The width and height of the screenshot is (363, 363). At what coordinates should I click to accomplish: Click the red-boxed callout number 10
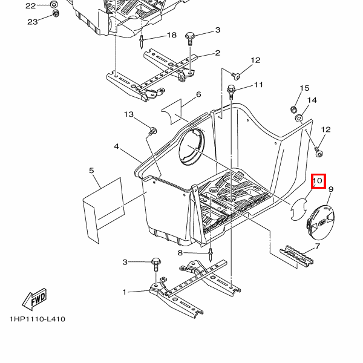(318, 180)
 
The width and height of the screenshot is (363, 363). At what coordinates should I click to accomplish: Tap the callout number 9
(331, 189)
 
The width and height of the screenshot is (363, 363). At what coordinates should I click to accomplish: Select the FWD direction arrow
(34, 299)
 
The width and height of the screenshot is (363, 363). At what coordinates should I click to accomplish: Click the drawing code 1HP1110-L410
(38, 319)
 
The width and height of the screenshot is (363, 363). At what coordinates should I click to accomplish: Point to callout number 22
(31, 6)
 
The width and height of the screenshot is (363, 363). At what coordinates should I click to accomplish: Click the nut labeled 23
(56, 13)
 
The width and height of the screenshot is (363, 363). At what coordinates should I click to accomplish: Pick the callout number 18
(172, 35)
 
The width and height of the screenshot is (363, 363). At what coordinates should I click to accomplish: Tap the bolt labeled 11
(231, 92)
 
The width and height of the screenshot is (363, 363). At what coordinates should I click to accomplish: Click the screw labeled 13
(153, 131)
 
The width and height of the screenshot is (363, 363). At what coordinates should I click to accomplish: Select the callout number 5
(91, 171)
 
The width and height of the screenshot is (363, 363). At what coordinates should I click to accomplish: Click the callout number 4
(116, 146)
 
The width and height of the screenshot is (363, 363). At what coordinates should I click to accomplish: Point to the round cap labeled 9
(321, 222)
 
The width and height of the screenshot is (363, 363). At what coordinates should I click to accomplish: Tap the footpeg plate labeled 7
(296, 256)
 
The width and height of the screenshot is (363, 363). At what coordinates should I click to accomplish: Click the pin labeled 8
(211, 255)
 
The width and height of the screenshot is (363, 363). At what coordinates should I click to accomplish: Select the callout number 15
(305, 88)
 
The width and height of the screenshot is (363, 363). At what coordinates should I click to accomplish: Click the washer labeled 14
(299, 119)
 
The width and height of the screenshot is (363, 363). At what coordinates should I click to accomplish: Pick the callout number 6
(198, 94)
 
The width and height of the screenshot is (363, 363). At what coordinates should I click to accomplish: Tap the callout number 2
(218, 53)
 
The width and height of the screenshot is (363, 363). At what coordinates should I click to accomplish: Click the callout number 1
(125, 292)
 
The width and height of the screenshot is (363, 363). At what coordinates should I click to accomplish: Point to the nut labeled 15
(293, 109)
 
